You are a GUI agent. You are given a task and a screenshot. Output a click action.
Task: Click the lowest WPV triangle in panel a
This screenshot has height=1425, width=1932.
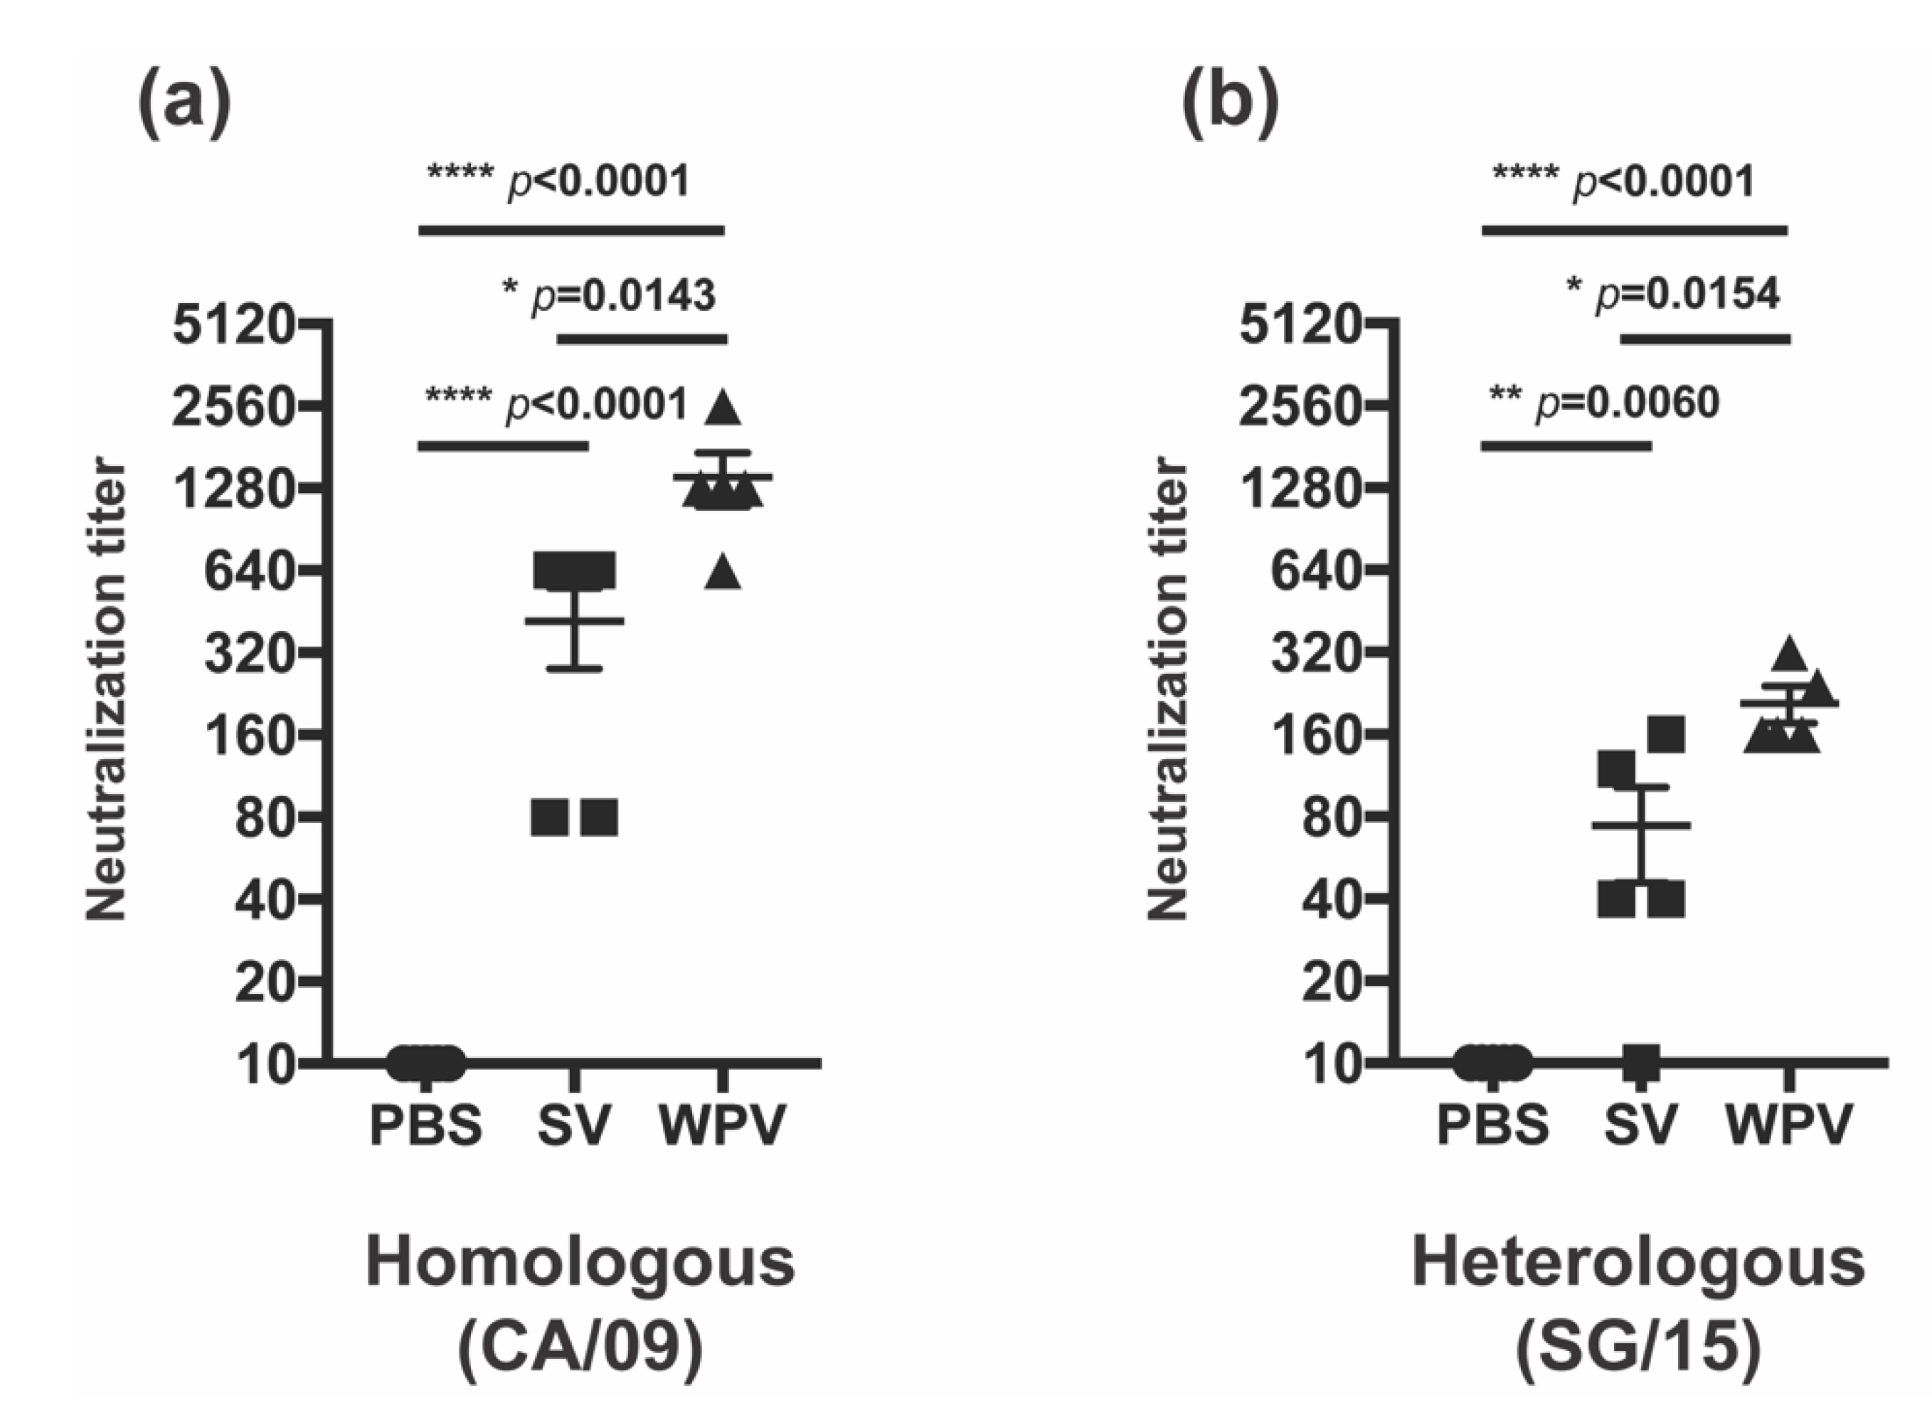723,573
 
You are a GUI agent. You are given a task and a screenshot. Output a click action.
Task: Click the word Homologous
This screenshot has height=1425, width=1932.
580,1264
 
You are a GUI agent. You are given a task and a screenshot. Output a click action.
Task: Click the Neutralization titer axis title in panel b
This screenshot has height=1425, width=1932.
1169,690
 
